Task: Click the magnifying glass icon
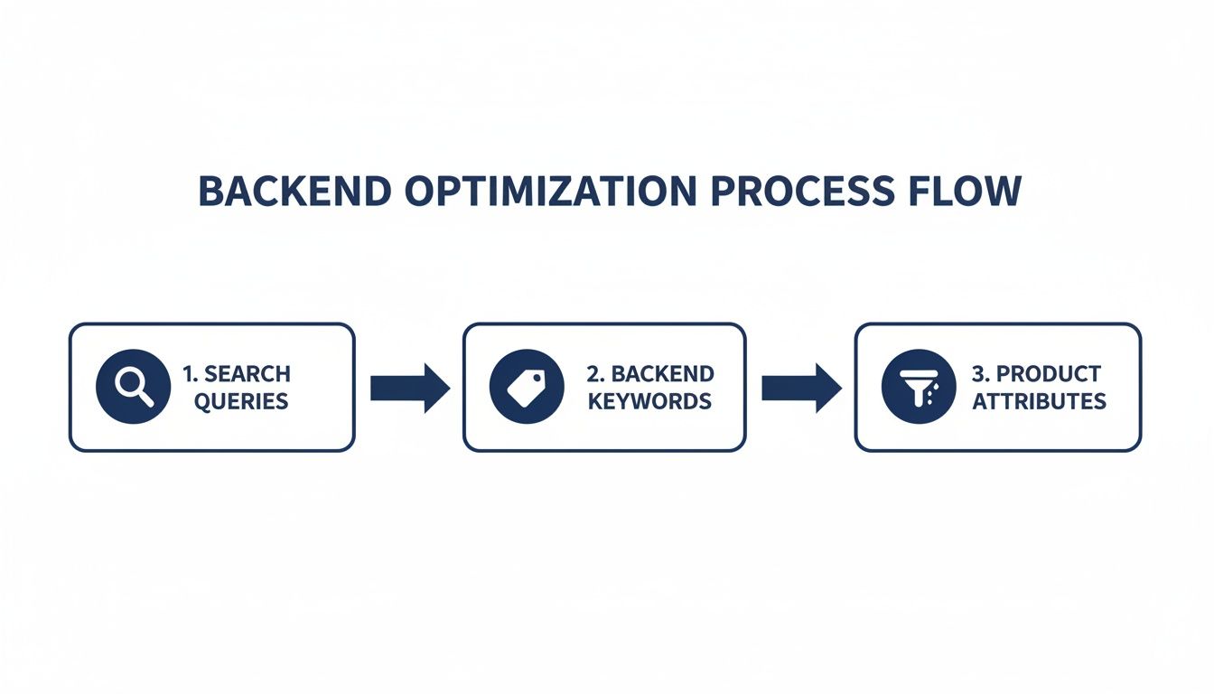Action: coord(132,388)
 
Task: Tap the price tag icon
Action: coord(526,388)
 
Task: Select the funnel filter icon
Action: coord(918,388)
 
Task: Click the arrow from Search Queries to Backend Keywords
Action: coord(409,388)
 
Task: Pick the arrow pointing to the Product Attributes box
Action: coord(801,388)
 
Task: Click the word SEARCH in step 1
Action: coord(247,374)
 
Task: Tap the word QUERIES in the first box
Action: coord(241,401)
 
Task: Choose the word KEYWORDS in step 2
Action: coord(649,401)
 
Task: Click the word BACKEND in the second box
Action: coord(663,374)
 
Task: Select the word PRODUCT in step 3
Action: coord(1049,374)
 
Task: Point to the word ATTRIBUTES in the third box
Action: coord(1039,401)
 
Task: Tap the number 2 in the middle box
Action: coord(593,374)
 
